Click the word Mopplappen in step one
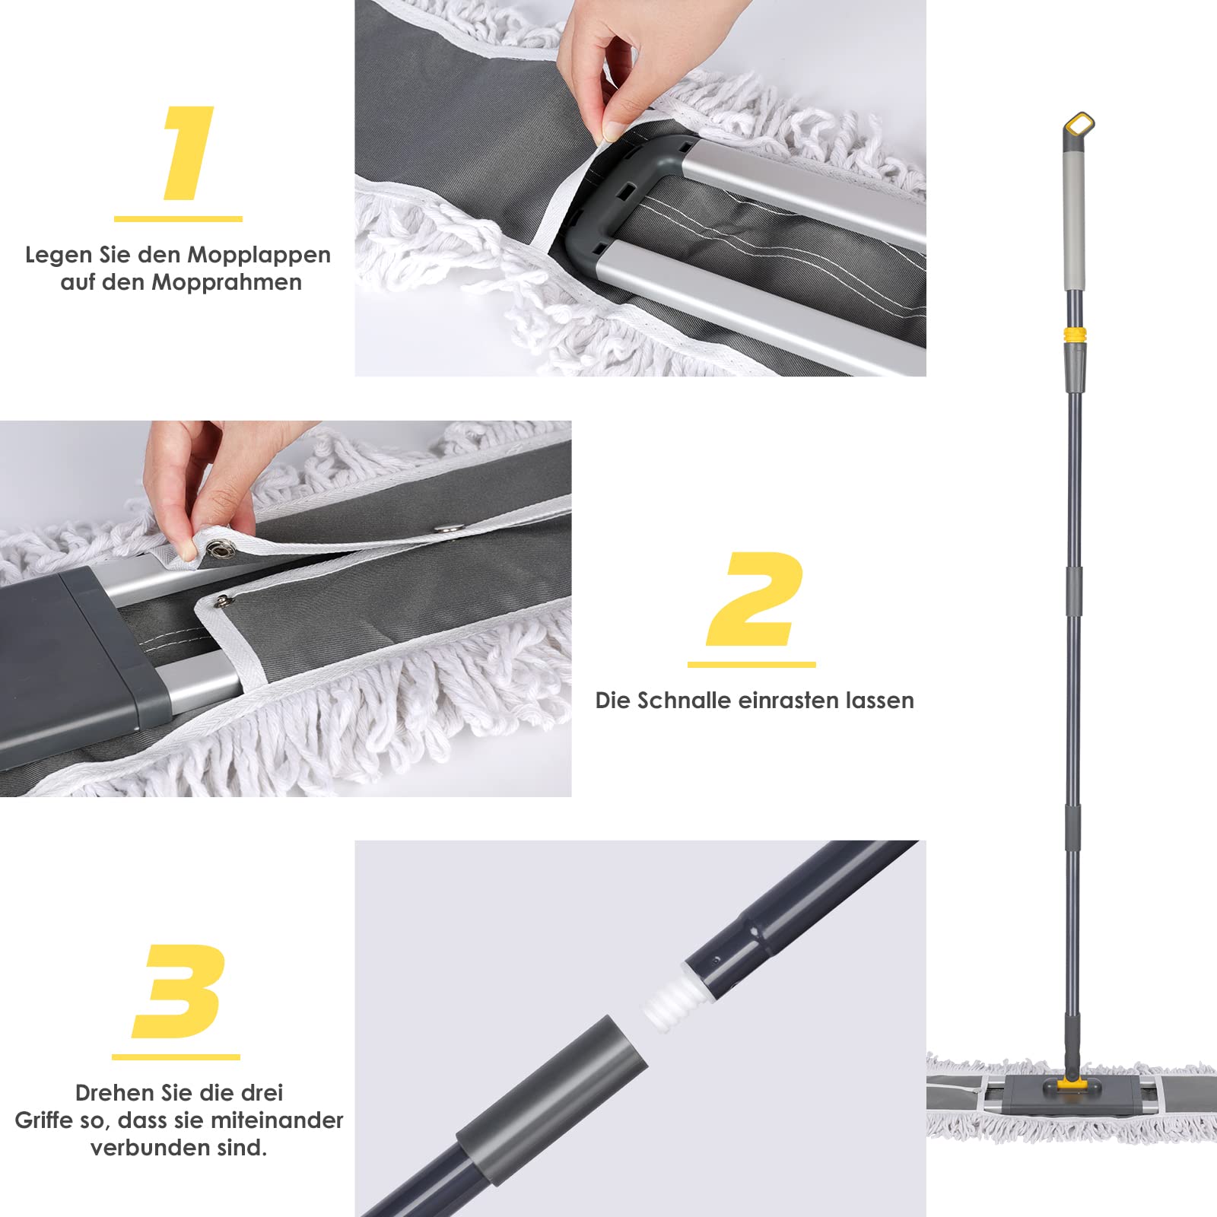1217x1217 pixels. pos(259,255)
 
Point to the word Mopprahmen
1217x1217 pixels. pos(227,282)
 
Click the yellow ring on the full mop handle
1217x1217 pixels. pos(1074,333)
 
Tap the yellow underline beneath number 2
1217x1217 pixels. pos(751,664)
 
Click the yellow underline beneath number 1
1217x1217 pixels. pos(178,218)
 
